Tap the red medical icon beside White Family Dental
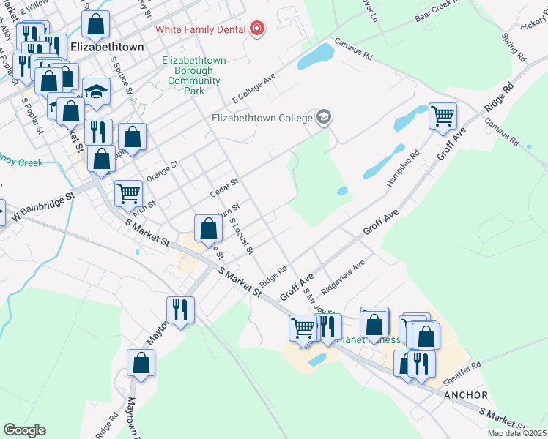click(x=256, y=29)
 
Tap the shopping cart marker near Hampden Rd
click(x=443, y=115)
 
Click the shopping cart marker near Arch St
click(x=128, y=193)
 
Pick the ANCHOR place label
click(x=465, y=395)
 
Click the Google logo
click(x=24, y=430)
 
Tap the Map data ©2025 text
click(x=517, y=433)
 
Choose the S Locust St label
click(x=241, y=236)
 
